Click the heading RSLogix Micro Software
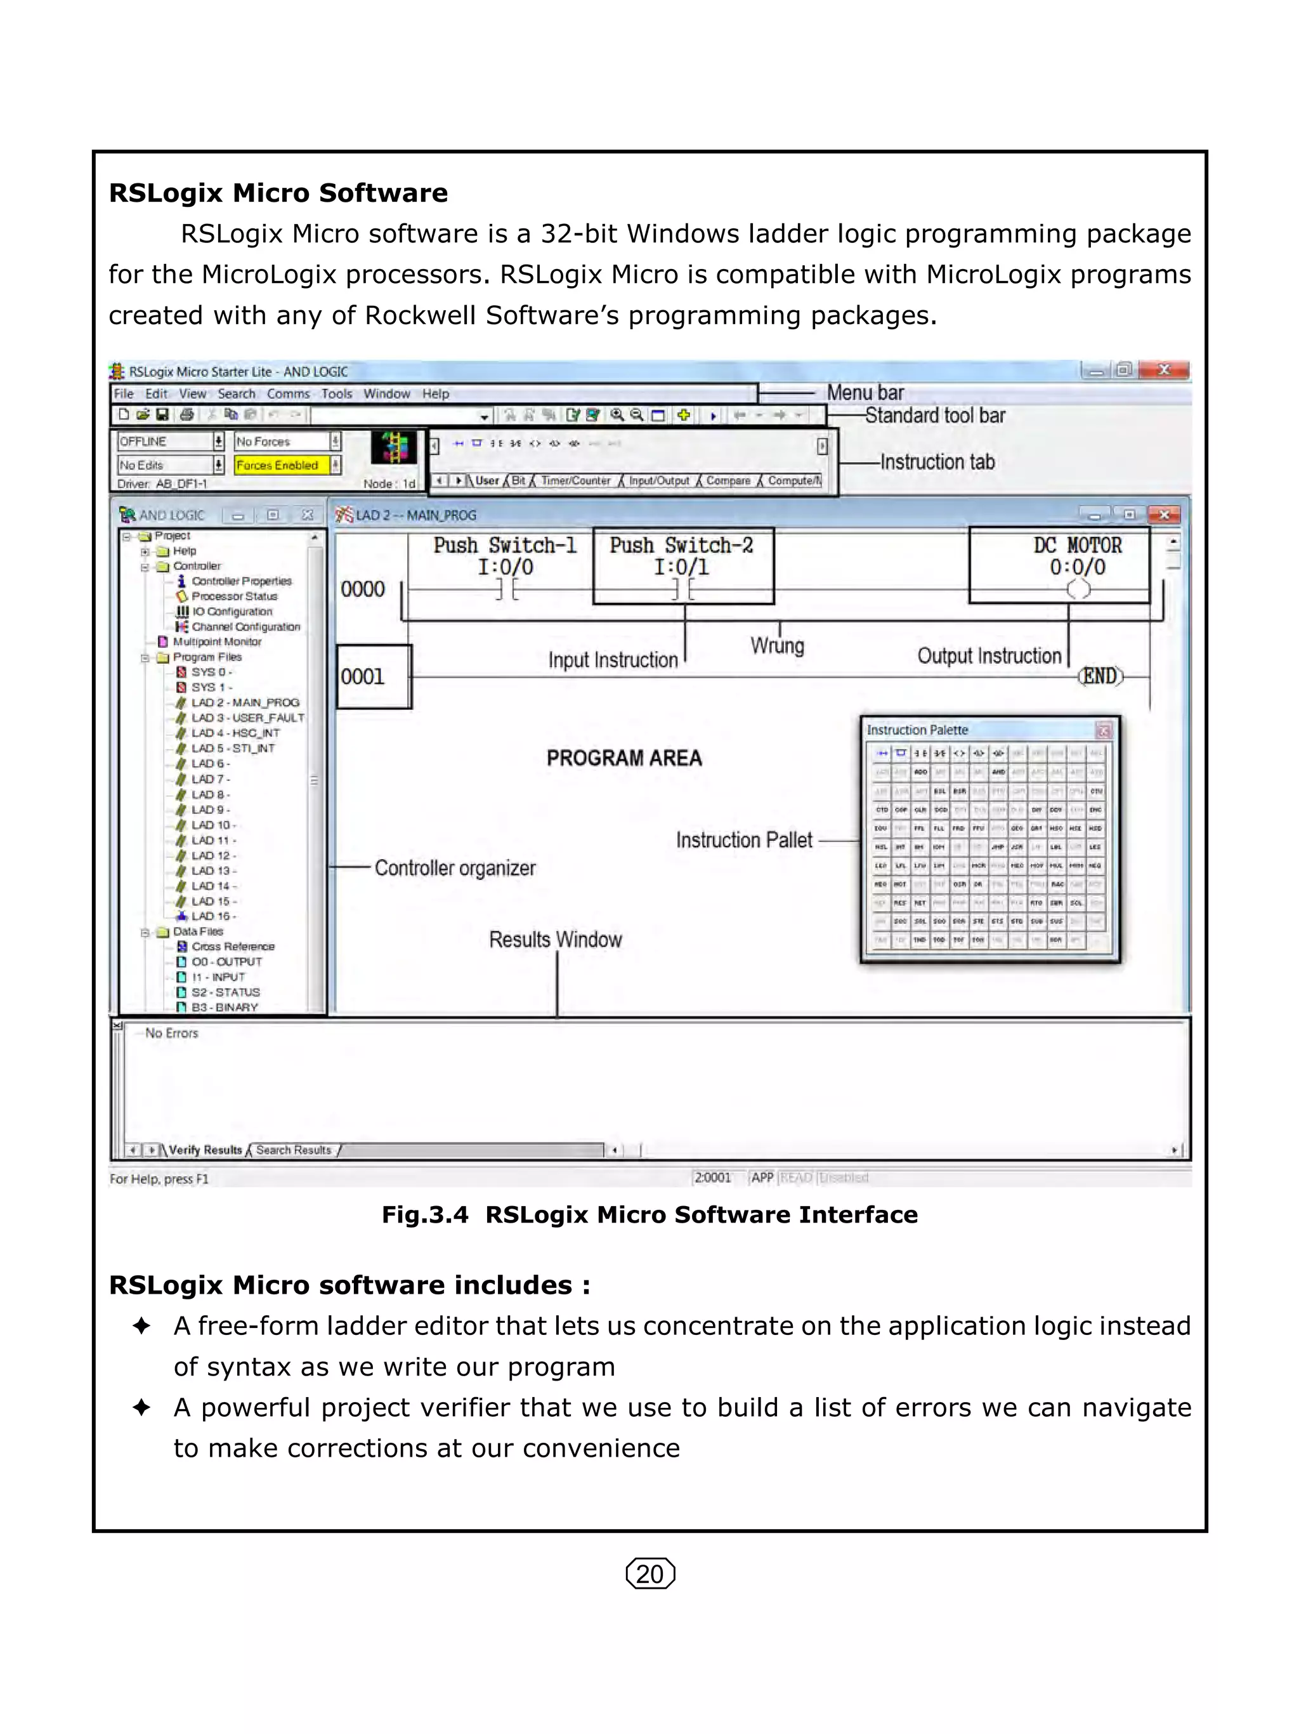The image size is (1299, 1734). pos(278,193)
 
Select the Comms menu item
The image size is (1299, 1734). pos(287,393)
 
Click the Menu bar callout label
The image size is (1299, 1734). pos(865,392)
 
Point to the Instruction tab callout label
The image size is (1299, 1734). pos(937,462)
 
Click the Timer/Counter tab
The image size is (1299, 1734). pos(575,480)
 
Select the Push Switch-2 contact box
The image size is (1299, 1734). pos(682,565)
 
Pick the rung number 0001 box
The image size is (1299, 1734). pos(373,676)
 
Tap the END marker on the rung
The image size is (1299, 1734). pos(1100,676)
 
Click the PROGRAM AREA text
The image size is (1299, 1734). pos(623,758)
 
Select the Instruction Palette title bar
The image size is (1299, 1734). pos(979,730)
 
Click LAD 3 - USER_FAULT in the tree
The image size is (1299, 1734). pos(247,718)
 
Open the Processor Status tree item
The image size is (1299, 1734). pos(234,596)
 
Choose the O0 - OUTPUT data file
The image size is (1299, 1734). pos(226,961)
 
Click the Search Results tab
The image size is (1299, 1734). pos(293,1150)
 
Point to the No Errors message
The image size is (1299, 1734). pos(172,1033)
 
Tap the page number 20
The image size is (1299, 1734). pos(649,1573)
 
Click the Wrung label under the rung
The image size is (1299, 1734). pos(776,646)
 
